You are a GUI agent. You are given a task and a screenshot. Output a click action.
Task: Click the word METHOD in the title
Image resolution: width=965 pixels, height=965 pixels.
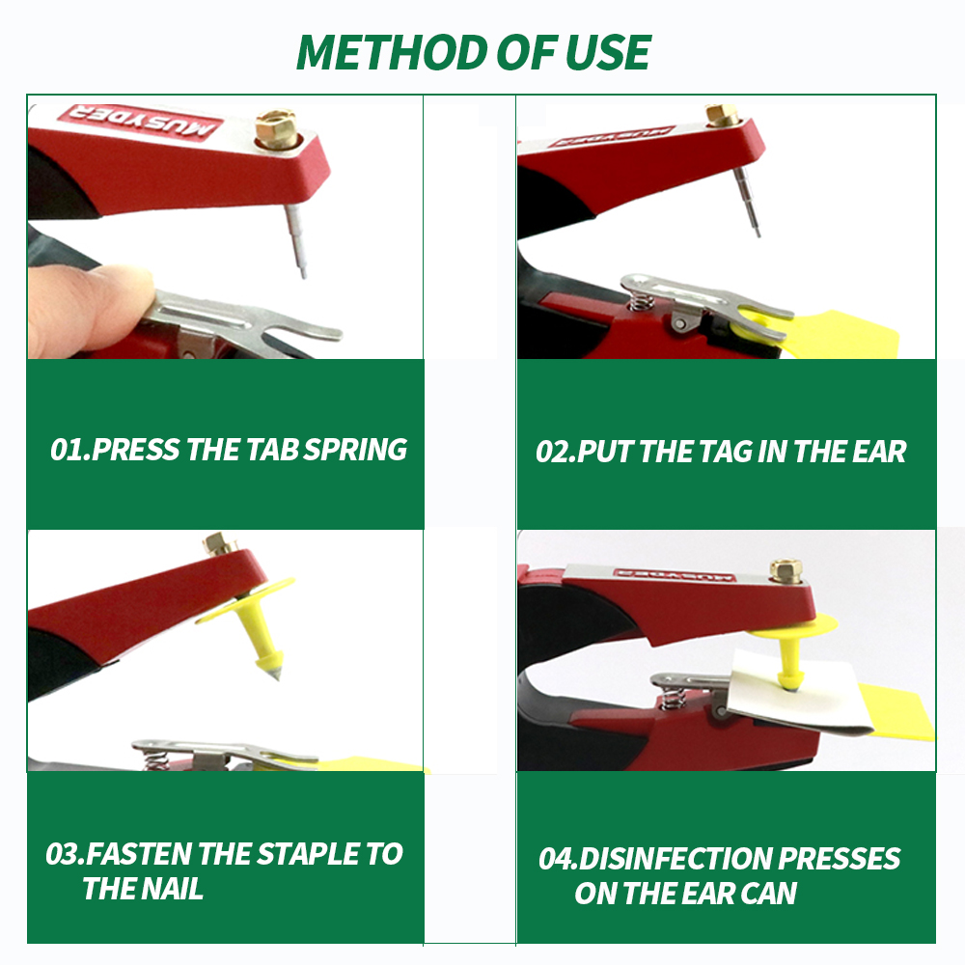pos(393,52)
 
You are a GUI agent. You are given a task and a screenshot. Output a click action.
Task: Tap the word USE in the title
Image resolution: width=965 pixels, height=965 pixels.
pos(607,52)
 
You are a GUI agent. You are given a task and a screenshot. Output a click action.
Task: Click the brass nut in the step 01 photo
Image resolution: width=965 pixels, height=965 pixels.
pos(276,129)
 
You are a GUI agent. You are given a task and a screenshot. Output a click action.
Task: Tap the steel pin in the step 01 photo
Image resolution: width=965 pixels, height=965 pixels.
pos(296,240)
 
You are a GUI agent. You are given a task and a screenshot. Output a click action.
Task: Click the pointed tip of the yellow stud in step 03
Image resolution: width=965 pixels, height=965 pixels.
pos(276,675)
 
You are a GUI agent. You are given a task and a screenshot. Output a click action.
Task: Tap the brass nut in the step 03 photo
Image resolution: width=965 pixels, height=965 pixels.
pos(220,544)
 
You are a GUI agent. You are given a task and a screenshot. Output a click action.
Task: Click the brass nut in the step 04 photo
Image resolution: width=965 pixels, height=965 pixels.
pos(786,571)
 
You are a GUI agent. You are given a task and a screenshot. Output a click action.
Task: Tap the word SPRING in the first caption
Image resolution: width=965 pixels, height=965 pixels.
pos(356,450)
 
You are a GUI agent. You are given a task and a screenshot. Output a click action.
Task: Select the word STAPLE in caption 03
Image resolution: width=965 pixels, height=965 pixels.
pos(308,854)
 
